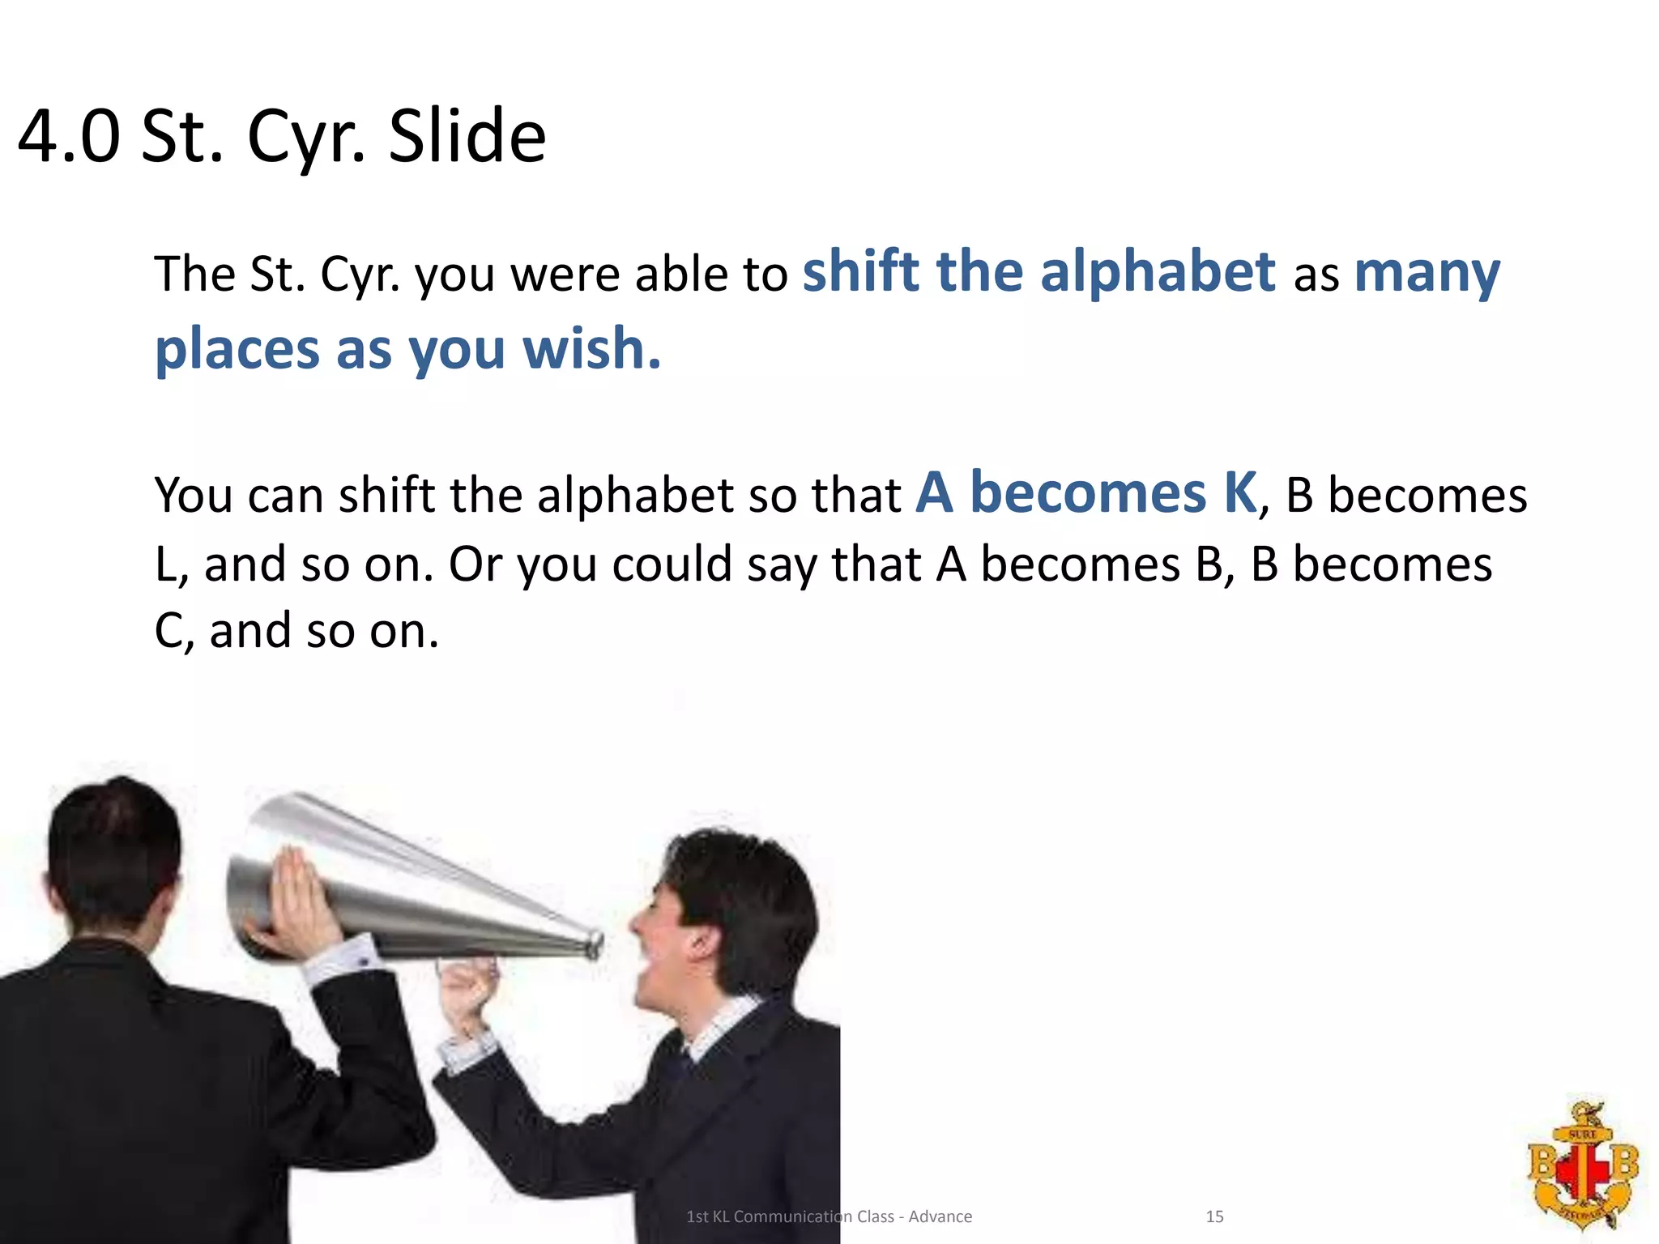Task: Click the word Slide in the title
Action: pyautogui.click(x=467, y=136)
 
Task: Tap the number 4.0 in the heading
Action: pyautogui.click(x=69, y=136)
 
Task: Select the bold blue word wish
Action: pyautogui.click(x=591, y=348)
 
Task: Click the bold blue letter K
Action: pyautogui.click(x=1240, y=492)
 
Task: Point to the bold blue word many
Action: pyautogui.click(x=1427, y=274)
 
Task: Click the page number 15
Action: pyautogui.click(x=1214, y=1216)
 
